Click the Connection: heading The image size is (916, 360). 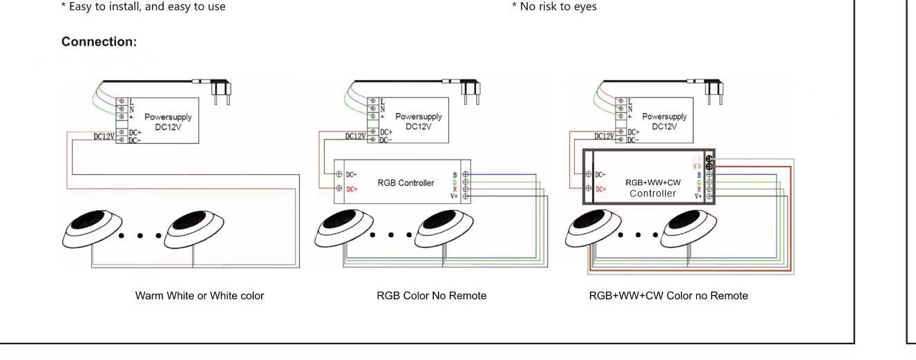point(99,42)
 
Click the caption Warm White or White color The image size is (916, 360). point(200,296)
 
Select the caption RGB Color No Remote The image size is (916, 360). point(432,296)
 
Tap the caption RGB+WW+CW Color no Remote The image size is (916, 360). point(668,296)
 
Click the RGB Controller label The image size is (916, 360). point(405,183)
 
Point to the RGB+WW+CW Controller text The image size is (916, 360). point(653,188)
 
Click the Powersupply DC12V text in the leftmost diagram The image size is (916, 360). point(168,122)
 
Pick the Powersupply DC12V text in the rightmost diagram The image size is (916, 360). point(664,122)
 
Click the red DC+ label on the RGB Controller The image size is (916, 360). point(352,189)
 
